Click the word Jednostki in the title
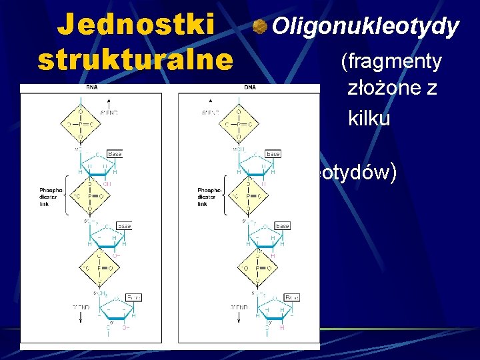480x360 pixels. coord(137,25)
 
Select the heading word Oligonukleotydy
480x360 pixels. coord(366,27)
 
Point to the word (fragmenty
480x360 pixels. coord(391,62)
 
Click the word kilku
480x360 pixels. coord(369,118)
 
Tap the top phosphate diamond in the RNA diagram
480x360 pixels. coord(80,123)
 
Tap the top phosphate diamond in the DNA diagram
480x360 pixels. coord(238,123)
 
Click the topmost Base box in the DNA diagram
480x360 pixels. coord(273,153)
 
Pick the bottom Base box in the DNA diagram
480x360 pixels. coord(292,297)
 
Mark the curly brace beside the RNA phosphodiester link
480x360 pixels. coord(68,196)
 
